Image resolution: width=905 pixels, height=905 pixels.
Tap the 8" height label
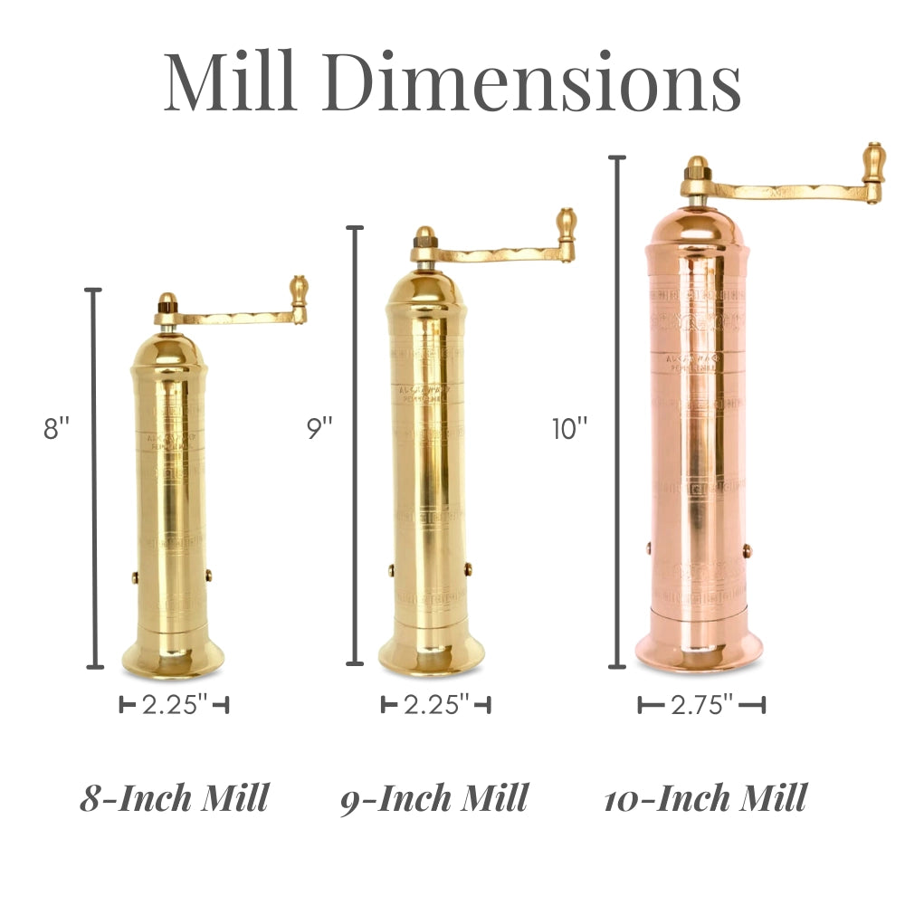56,428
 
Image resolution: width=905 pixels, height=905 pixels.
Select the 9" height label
319,428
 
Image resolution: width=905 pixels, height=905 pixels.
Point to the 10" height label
570,428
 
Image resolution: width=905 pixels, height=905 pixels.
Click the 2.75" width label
701,705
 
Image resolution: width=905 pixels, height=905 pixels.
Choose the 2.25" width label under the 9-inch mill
435,705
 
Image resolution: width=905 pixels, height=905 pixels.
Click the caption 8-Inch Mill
175,798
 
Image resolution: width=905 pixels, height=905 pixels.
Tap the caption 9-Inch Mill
434,798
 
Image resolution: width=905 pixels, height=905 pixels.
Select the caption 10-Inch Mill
705,798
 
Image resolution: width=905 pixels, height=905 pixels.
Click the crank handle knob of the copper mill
874,163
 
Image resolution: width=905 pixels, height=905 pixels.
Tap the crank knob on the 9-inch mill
567,225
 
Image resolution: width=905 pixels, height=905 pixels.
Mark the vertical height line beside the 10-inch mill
618,412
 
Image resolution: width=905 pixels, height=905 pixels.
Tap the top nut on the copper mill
696,168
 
